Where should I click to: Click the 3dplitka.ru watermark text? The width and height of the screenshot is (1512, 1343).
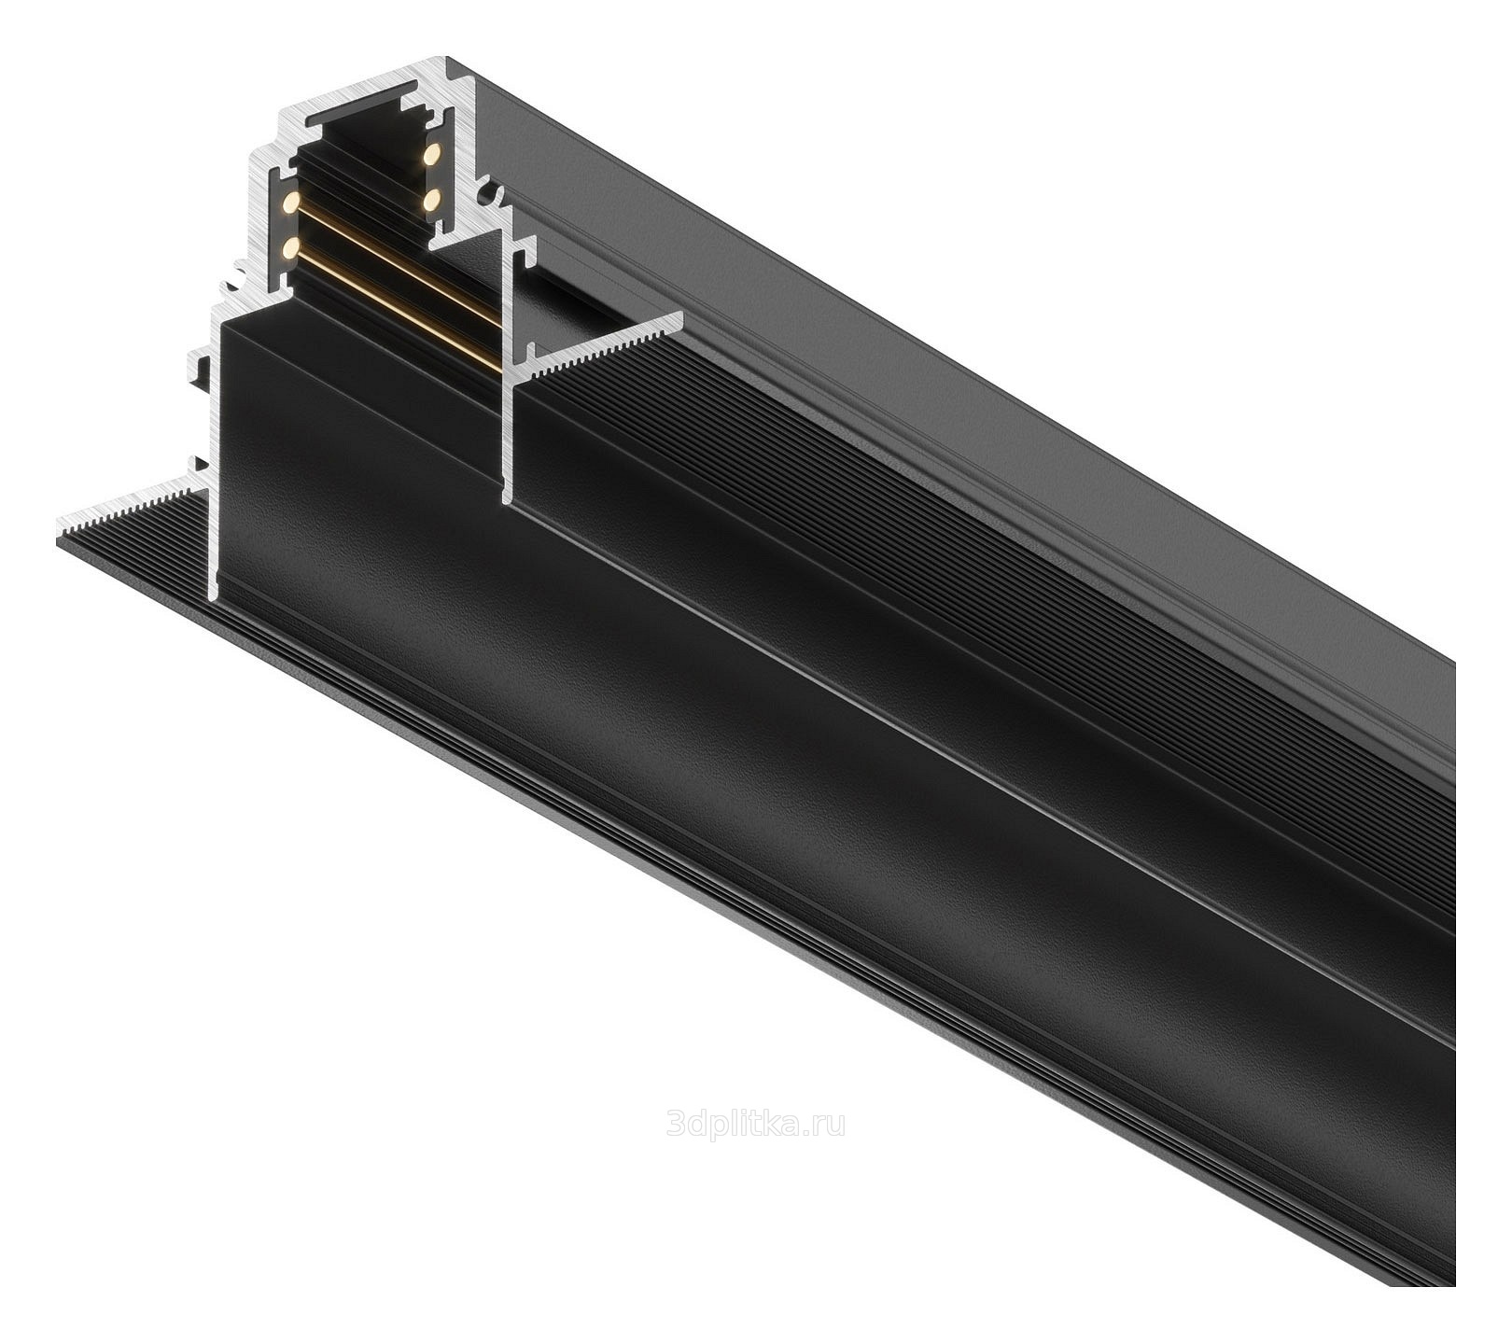(x=755, y=1124)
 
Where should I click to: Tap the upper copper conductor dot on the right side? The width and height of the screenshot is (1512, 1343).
(x=431, y=154)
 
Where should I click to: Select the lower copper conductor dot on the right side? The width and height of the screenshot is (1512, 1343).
(x=431, y=200)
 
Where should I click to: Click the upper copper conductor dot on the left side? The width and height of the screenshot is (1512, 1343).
(x=290, y=202)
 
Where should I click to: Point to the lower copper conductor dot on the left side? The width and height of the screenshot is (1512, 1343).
(x=290, y=248)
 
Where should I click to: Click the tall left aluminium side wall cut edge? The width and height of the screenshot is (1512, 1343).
(x=214, y=448)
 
